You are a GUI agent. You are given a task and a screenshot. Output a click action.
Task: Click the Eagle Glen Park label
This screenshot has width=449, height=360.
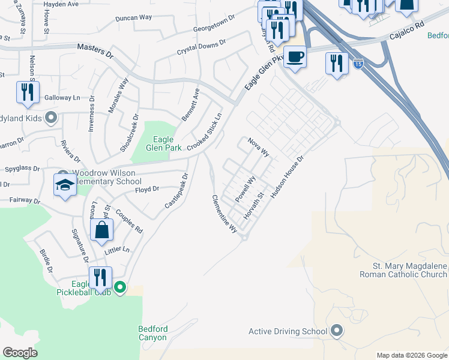(159, 144)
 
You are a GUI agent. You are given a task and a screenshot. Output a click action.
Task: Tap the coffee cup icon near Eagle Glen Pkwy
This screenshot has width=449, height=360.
(294, 57)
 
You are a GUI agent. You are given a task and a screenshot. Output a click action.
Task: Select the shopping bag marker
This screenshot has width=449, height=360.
(101, 230)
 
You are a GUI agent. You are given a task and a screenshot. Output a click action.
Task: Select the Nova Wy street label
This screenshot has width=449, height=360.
(259, 148)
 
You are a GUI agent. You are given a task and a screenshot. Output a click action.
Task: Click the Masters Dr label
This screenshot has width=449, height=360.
(95, 52)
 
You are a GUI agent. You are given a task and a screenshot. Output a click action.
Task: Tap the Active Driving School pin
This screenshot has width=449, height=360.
(337, 331)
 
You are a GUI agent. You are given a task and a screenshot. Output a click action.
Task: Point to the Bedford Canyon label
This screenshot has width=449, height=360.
(153, 333)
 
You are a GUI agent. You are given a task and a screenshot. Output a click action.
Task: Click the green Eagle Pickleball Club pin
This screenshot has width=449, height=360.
(120, 288)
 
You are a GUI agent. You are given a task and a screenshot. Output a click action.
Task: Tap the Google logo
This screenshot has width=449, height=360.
(20, 353)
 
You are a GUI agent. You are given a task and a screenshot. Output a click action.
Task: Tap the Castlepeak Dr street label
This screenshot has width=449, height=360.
(177, 191)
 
